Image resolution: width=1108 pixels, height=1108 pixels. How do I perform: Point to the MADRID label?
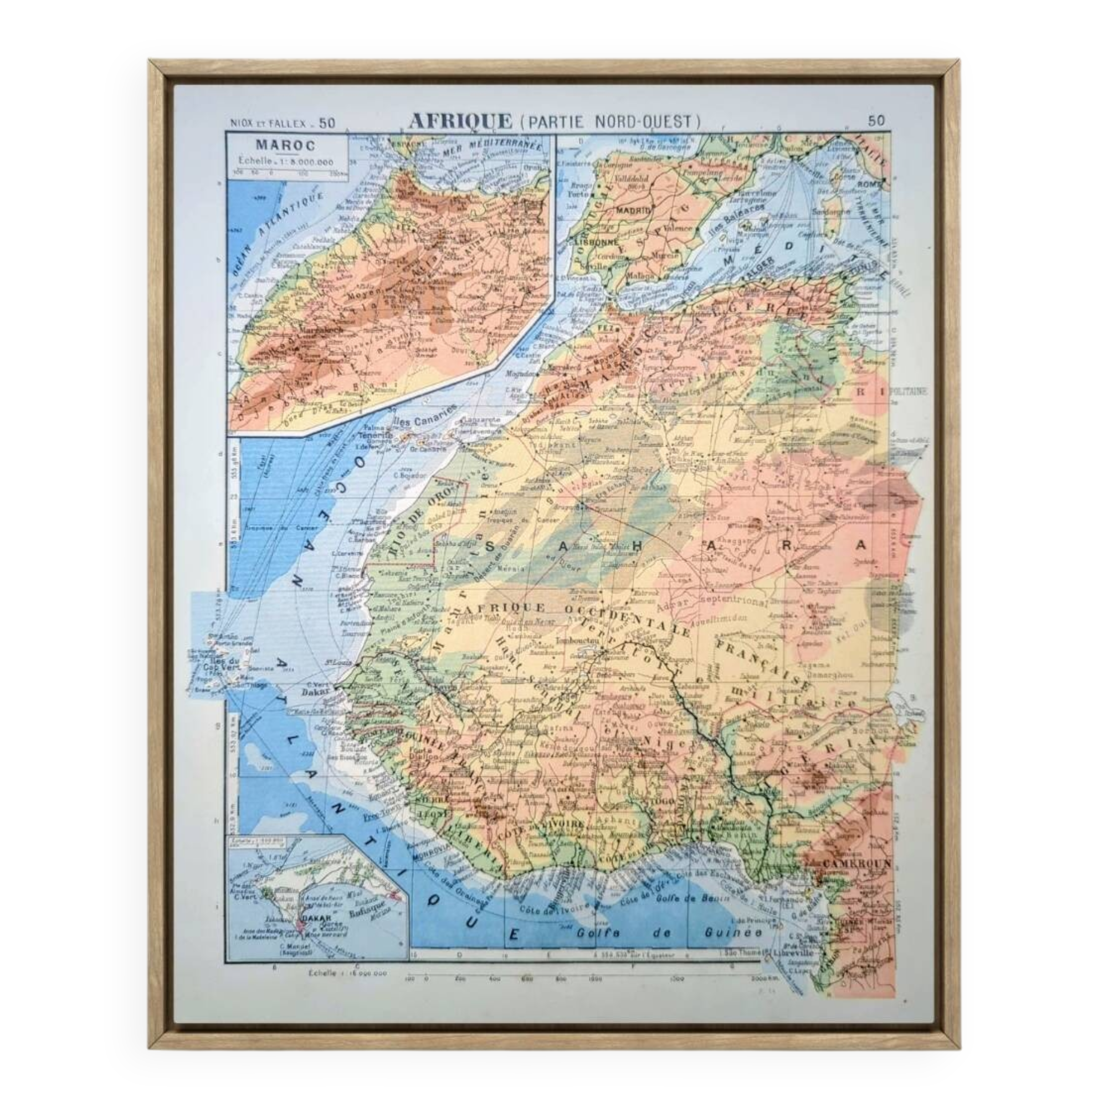[634, 211]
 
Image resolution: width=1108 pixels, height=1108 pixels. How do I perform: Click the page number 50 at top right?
[876, 120]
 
